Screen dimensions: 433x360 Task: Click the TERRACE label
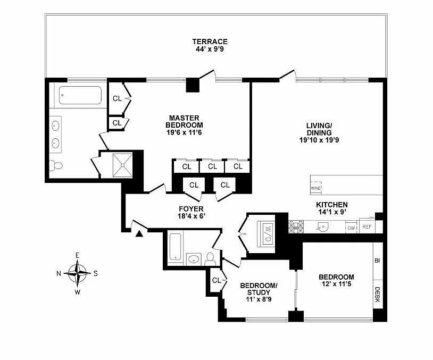click(x=210, y=41)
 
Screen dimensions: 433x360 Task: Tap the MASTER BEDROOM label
click(x=184, y=121)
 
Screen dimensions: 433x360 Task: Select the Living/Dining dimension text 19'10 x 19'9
click(x=319, y=140)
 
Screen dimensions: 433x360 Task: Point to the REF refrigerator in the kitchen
click(x=367, y=227)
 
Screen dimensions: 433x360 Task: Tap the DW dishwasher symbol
click(x=351, y=228)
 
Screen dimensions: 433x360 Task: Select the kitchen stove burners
click(x=296, y=227)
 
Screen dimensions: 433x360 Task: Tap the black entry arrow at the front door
click(x=139, y=233)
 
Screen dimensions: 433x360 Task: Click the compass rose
click(x=78, y=273)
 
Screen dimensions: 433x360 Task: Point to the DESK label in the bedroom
click(x=378, y=295)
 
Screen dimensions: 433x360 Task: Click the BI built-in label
click(x=377, y=261)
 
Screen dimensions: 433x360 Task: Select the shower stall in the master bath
click(x=122, y=165)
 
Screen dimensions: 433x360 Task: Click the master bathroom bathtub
click(x=80, y=95)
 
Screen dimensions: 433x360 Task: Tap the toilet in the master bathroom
click(x=56, y=165)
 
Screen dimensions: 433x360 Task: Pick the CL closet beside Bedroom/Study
click(x=216, y=280)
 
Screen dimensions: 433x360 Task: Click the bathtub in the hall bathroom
click(x=176, y=247)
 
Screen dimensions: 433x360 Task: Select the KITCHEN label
click(x=332, y=205)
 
